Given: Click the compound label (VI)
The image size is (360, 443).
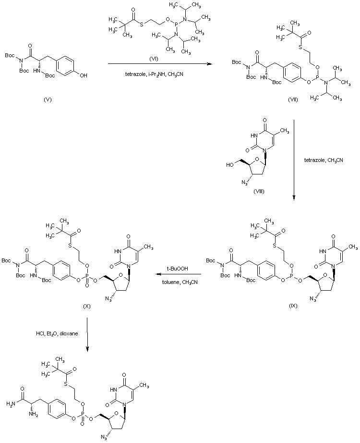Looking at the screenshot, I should (155, 58).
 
